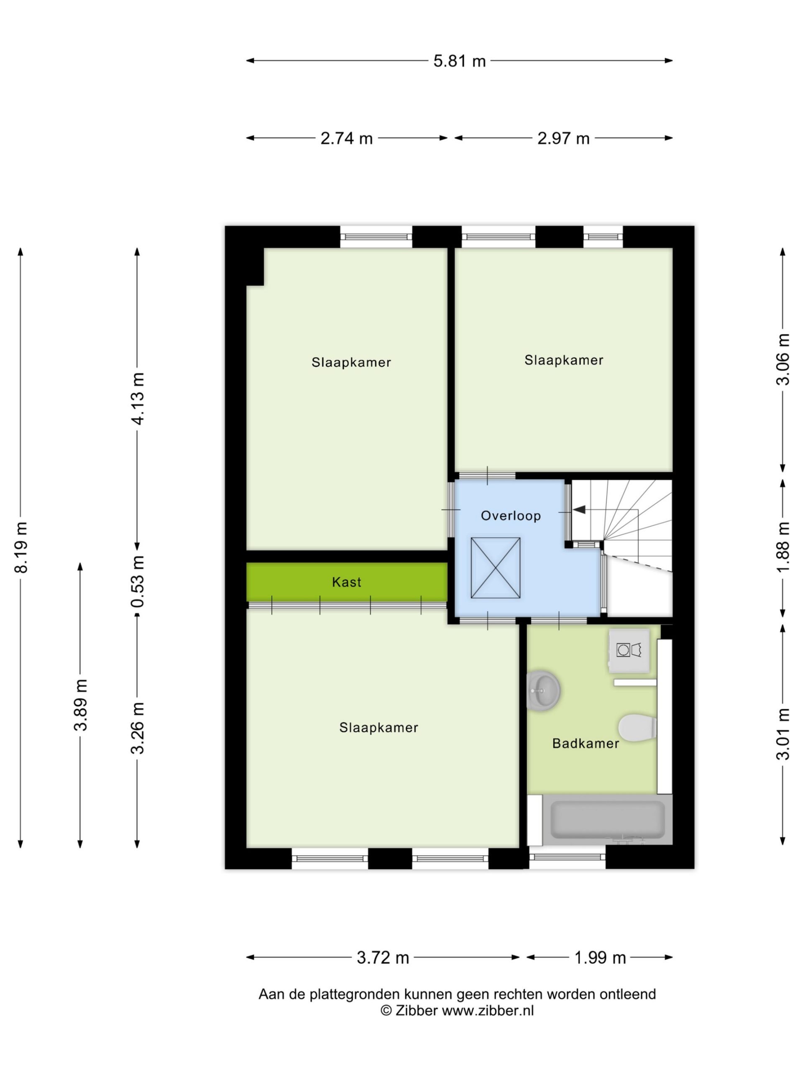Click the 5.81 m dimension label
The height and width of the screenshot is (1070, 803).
[x=459, y=61]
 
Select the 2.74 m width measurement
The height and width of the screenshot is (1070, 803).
[x=347, y=139]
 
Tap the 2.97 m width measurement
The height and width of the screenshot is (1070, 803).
[x=563, y=139]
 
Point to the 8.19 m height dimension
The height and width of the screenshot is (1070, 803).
[x=21, y=547]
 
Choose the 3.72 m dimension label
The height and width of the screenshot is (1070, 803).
[x=383, y=957]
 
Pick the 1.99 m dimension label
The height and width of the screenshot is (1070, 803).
[x=600, y=957]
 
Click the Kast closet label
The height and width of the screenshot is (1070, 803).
[x=347, y=582]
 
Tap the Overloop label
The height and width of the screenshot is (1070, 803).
[x=511, y=516]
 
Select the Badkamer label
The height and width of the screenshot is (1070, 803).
[x=586, y=744]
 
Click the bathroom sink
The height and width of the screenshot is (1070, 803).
[x=543, y=691]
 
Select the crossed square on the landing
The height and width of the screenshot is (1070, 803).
[x=496, y=568]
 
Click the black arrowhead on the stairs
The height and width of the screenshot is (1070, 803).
[x=579, y=510]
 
